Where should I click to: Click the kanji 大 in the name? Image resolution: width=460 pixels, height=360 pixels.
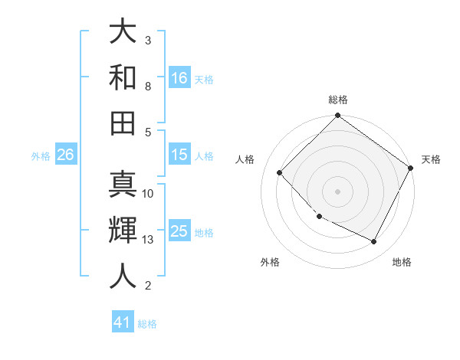coord(123,31)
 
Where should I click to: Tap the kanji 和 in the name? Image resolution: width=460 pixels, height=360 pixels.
coord(123,77)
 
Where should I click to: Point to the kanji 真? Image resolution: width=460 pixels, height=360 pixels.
coord(123,186)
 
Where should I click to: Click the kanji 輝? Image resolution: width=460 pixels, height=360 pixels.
coord(123,231)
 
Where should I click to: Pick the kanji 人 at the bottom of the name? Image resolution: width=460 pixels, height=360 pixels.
coord(123,276)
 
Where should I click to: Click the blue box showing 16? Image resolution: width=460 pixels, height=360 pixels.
coord(179,77)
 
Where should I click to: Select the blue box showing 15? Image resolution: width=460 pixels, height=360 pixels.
coord(179,155)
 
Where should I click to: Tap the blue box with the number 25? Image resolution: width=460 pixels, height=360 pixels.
coord(179,231)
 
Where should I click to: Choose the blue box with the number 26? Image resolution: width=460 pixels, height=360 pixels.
coord(66,155)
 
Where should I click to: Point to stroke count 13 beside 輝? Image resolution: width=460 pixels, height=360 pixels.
coord(148,240)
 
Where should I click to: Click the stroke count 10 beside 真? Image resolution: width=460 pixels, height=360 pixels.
coord(148,193)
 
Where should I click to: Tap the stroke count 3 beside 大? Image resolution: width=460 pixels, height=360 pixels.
coord(147,40)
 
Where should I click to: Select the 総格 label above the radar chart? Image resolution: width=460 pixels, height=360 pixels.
coord(337,100)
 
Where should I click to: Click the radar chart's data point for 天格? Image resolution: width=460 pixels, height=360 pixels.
coord(411,168)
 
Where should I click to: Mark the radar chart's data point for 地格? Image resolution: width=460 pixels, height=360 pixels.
coord(374,242)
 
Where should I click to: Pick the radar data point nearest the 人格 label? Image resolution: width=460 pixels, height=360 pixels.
coord(280,173)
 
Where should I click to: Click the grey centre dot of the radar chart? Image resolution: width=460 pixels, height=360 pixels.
coord(337,191)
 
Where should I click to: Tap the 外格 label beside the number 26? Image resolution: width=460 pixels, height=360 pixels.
coord(41,156)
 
